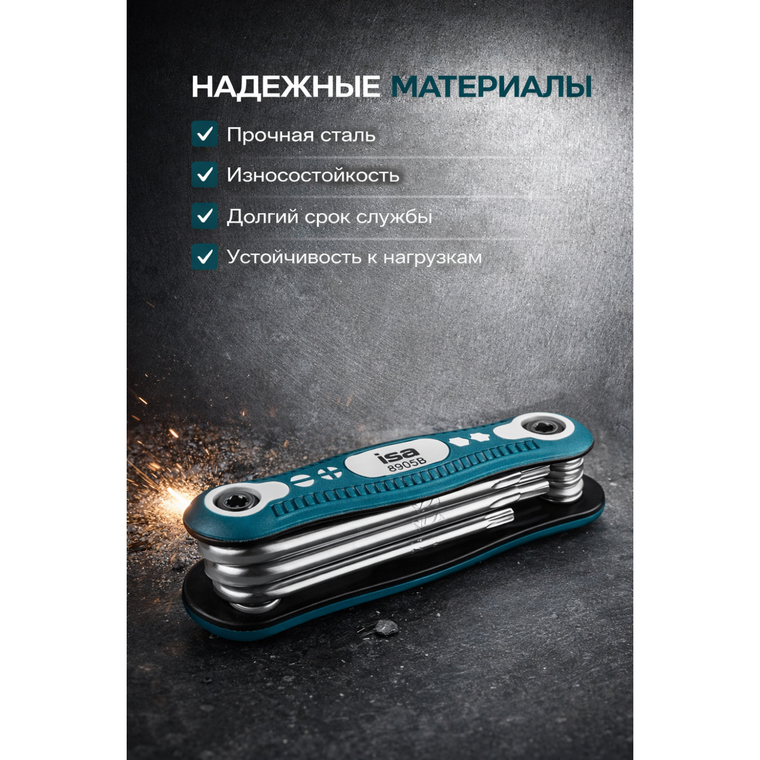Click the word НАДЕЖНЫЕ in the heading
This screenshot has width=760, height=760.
pyautogui.click(x=286, y=87)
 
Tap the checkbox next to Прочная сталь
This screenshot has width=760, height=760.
pyautogui.click(x=205, y=134)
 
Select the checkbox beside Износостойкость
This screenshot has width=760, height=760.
pyautogui.click(x=205, y=175)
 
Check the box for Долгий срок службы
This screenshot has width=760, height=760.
pyautogui.click(x=205, y=216)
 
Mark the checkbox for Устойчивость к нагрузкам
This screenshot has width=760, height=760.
pyautogui.click(x=205, y=257)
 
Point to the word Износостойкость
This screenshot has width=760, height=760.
pyautogui.click(x=313, y=175)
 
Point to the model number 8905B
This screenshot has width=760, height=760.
pyautogui.click(x=407, y=465)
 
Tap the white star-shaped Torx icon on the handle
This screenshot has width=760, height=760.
pyautogui.click(x=476, y=436)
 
